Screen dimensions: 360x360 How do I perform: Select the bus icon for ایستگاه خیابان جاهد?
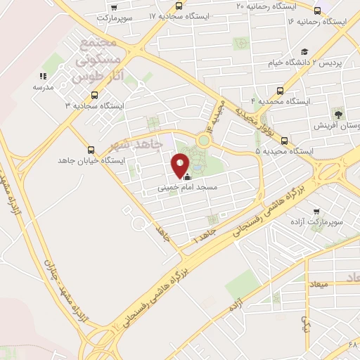coord(91,149)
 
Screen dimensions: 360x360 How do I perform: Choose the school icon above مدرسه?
coord(44,75)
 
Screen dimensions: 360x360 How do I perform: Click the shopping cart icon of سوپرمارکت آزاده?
coord(317,210)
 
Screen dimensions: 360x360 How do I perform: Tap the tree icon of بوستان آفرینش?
coord(339,113)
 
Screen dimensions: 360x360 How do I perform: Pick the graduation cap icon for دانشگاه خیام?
coord(304,51)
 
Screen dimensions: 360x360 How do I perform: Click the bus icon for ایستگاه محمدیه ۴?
coord(281,91)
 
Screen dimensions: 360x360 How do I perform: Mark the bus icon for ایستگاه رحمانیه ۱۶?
coord(317,11)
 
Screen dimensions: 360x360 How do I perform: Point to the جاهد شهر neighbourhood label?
coord(136,145)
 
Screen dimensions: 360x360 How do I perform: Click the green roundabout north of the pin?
coord(203,140)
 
